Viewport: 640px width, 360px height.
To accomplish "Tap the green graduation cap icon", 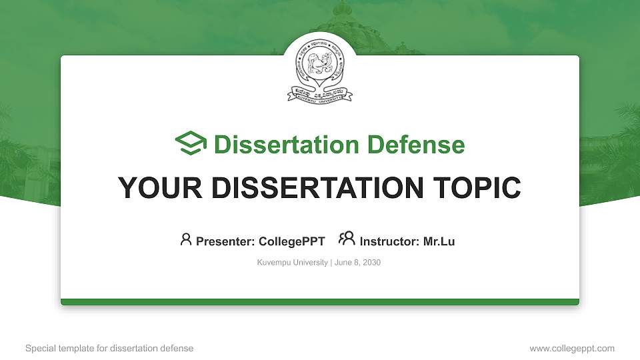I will click(x=191, y=143).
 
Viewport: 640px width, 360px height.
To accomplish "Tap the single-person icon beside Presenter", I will click(x=186, y=239).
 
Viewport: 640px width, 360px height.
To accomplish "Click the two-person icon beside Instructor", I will click(x=347, y=239).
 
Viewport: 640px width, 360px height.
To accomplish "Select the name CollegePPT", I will click(x=292, y=241).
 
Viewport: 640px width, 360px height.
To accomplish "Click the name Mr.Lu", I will click(x=439, y=241).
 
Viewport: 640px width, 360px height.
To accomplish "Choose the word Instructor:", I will click(x=390, y=241).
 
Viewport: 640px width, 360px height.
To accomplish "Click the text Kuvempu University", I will click(x=292, y=263).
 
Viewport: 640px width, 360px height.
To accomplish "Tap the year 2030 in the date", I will click(x=370, y=263).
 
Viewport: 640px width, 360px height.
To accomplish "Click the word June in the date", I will click(x=343, y=263).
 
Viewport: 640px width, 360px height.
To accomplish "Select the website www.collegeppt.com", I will click(x=572, y=348).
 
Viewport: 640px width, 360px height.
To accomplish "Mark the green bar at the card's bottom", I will click(x=320, y=302).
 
